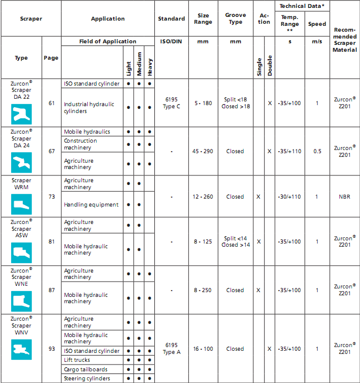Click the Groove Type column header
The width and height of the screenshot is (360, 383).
tap(235, 18)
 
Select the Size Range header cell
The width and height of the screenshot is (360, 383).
tap(203, 18)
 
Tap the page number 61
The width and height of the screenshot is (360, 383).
tap(51, 103)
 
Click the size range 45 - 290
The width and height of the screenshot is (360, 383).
tap(203, 151)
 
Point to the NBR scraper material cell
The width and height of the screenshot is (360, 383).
tap(345, 197)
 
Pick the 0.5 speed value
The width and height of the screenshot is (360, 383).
tap(317, 151)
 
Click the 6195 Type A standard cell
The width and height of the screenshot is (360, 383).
tap(171, 349)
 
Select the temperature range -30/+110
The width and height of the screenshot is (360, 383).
tap(289, 197)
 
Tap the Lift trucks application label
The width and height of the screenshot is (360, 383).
tap(78, 360)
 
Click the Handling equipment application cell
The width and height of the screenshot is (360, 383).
tap(91, 204)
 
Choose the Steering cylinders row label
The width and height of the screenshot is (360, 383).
tap(87, 378)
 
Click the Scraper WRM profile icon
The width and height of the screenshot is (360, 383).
tap(22, 204)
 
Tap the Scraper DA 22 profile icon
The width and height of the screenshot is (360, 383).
tap(22, 114)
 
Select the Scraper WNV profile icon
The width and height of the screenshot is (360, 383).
tap(22, 349)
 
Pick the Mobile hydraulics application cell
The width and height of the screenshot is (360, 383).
tap(87, 132)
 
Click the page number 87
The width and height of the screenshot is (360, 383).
tap(51, 290)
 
